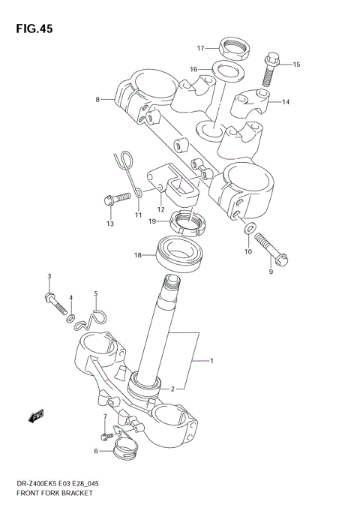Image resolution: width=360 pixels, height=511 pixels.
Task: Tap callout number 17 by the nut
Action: tap(200, 49)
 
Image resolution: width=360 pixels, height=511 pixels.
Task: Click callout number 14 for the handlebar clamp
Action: tap(286, 102)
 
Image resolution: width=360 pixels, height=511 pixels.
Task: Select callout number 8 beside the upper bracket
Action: tap(97, 98)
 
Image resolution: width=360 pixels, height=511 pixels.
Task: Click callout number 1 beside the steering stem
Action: tap(211, 362)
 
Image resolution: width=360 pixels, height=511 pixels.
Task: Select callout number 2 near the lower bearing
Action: tap(172, 389)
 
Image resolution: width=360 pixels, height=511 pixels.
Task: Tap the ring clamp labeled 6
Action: tap(124, 453)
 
